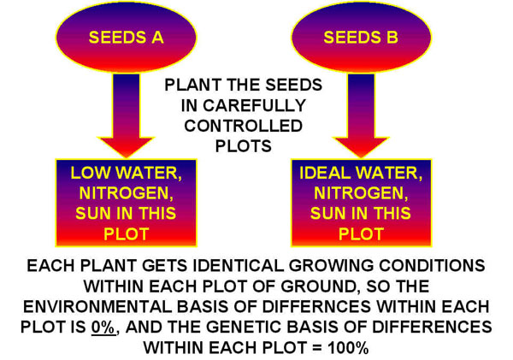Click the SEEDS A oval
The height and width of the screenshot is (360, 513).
[125, 38]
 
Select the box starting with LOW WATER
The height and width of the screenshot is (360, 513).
[126, 203]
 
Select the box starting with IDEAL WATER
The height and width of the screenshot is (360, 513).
[361, 203]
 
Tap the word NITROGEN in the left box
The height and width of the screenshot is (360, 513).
[126, 193]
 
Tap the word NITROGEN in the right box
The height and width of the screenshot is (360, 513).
[361, 193]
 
